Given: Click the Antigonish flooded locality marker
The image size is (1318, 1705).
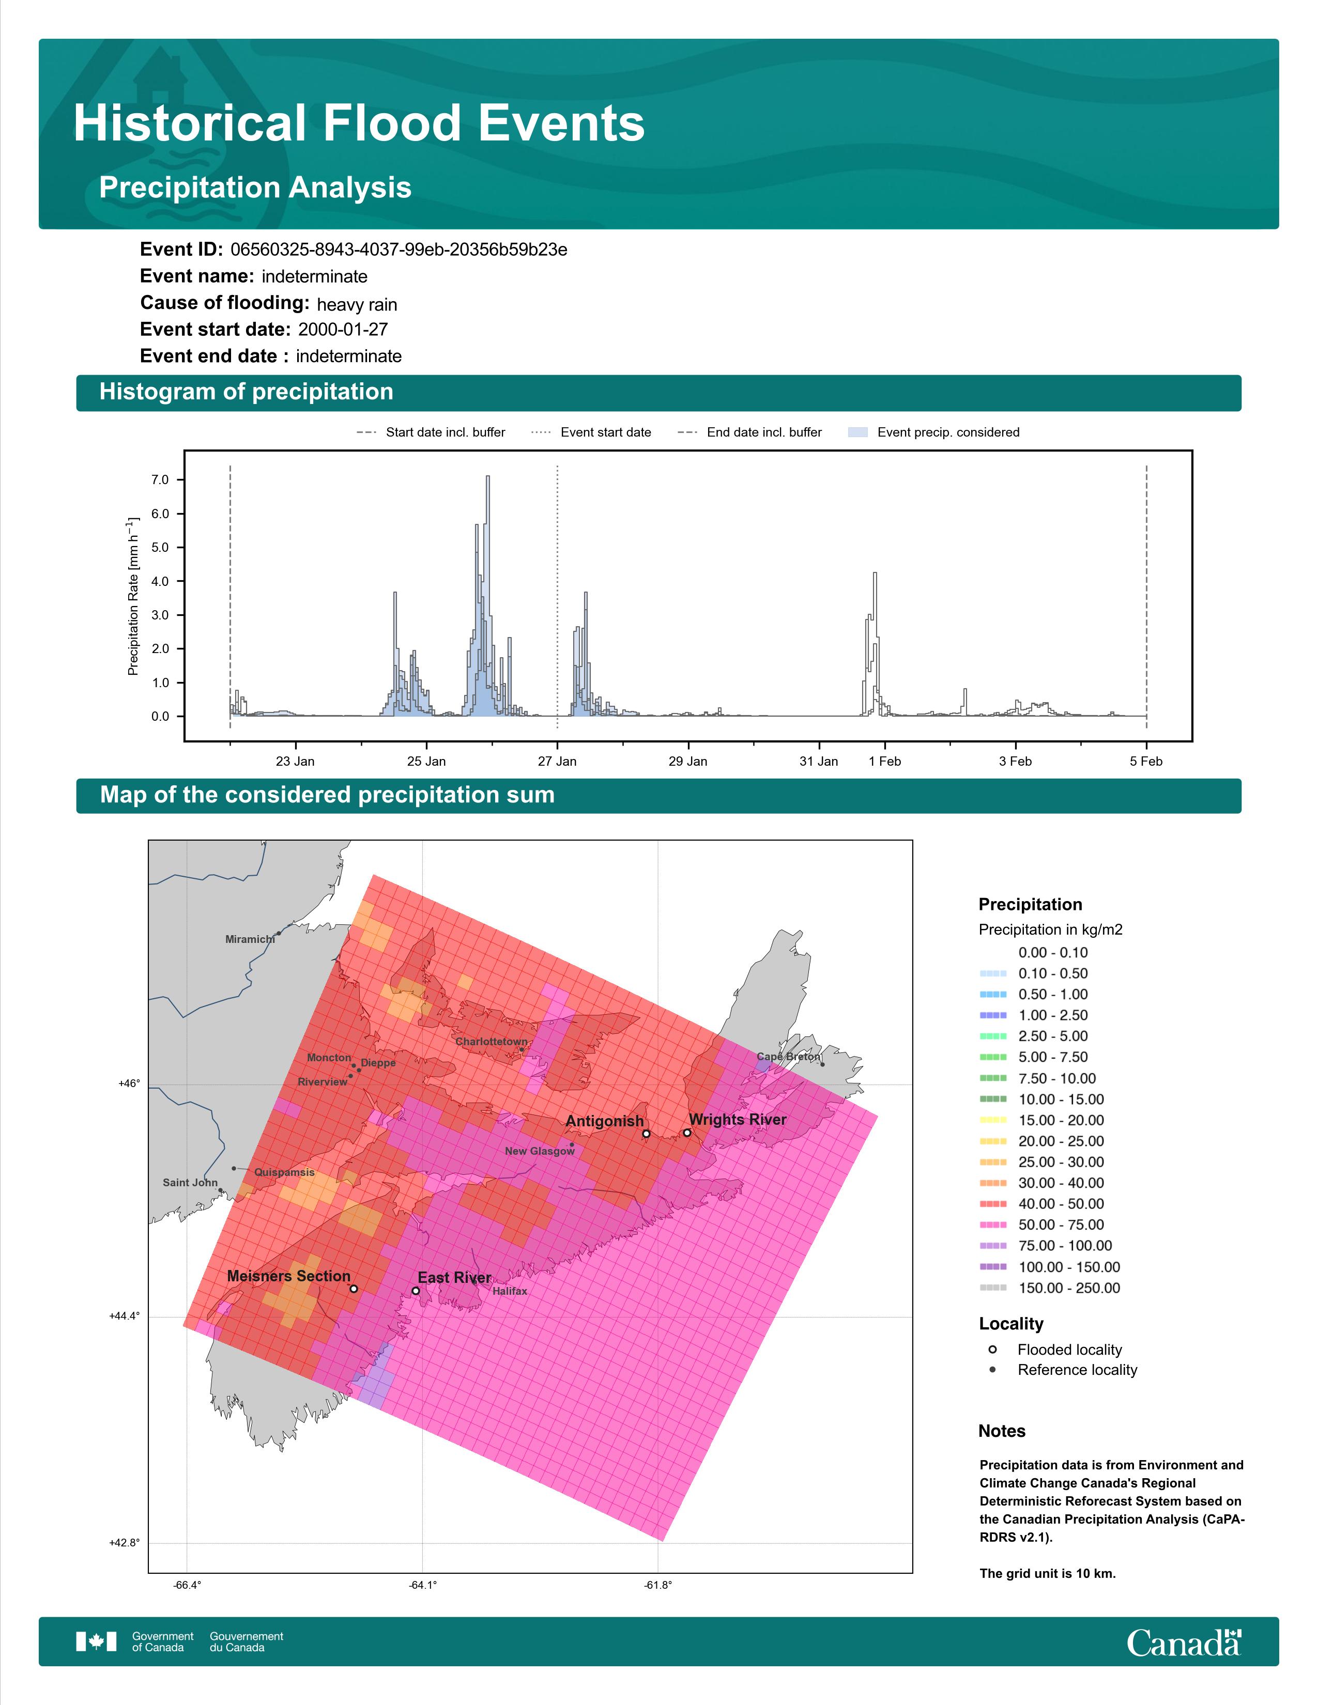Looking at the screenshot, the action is [646, 1134].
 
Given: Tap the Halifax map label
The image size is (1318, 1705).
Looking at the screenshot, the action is [510, 1291].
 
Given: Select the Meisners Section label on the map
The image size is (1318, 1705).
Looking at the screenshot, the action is [289, 1276].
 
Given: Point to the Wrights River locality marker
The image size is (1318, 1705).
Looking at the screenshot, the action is [687, 1132].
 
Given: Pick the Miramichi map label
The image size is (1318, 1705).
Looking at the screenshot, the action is [250, 939].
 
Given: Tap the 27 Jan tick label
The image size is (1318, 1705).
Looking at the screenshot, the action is [557, 761].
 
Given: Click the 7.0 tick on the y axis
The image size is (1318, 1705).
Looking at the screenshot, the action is [160, 479].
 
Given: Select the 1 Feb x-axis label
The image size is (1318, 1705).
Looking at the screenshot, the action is [885, 761].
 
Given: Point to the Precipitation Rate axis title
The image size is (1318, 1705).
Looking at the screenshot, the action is [133, 596].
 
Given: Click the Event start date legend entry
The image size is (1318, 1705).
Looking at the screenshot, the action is [591, 432].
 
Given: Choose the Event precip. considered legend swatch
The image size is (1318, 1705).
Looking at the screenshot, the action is [858, 432].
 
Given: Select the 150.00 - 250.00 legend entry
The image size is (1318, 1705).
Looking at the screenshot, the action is [1049, 1288].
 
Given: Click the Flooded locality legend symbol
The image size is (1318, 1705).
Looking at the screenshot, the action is [992, 1349].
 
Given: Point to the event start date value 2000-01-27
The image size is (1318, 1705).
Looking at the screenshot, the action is [343, 330].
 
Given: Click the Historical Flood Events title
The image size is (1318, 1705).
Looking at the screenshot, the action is [359, 123].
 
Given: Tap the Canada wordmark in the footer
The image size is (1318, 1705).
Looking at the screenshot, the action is [1184, 1642].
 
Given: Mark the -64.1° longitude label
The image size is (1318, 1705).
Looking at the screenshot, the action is [422, 1585].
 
